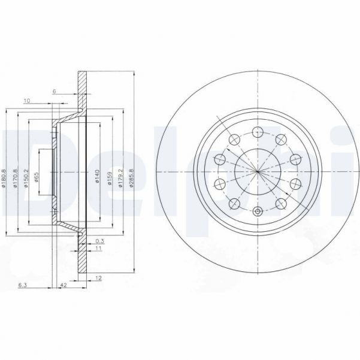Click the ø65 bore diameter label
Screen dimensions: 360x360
coord(38,179)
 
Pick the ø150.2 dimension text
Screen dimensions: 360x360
coord(26,178)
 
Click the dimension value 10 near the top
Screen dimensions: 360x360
coord(27,100)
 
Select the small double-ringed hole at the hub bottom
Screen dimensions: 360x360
coord(257,210)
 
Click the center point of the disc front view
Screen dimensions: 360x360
coord(257,171)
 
